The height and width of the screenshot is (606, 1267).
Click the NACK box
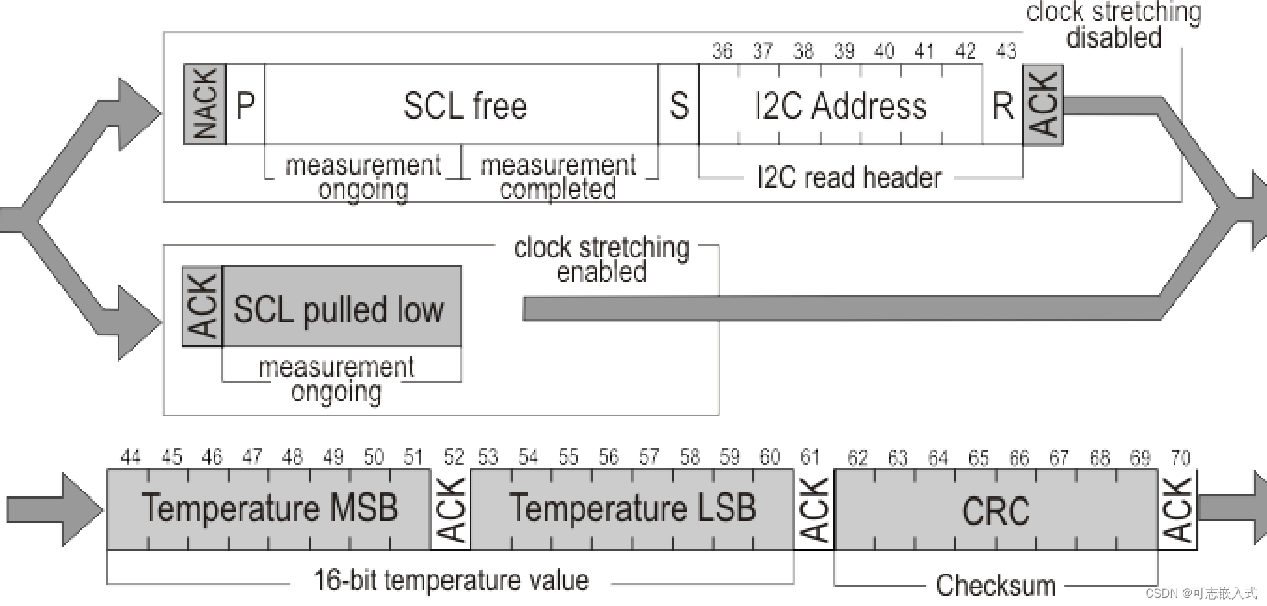[204, 104]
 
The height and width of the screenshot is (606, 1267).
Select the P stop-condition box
[245, 104]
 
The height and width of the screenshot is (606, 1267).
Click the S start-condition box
[678, 104]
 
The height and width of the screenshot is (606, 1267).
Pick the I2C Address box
[841, 104]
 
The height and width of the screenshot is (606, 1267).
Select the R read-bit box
[1002, 104]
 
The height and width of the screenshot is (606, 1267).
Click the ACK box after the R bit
[1043, 104]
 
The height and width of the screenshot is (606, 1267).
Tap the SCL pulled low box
[341, 307]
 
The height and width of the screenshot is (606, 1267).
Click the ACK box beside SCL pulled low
[202, 306]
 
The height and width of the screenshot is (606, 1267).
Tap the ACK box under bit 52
[451, 509]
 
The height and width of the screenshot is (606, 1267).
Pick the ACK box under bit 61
[814, 509]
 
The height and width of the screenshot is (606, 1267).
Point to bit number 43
[1005, 51]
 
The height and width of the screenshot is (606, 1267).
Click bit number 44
[130, 457]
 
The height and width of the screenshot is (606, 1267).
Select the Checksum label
[996, 585]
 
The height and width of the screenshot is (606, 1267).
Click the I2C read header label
[849, 178]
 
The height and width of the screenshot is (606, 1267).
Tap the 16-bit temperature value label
[451, 580]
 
